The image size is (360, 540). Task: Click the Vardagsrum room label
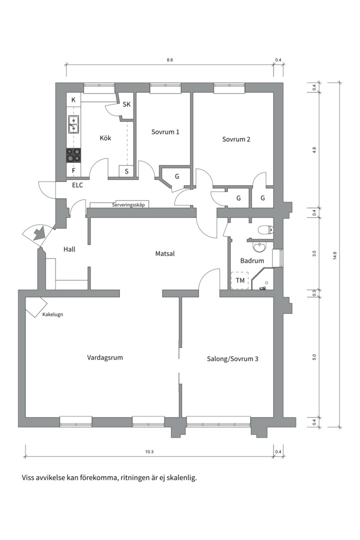(x=104, y=357)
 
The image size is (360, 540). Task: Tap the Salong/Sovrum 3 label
(x=232, y=359)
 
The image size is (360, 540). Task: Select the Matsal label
(x=165, y=254)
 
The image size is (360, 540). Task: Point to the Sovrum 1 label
(x=165, y=132)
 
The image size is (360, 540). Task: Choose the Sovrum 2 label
(x=236, y=139)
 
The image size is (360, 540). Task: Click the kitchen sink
(x=73, y=124)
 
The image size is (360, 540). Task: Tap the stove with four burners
(x=73, y=155)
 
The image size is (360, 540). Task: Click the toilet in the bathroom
(x=265, y=229)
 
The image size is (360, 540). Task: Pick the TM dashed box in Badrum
(x=240, y=280)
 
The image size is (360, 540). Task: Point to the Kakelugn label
(x=52, y=314)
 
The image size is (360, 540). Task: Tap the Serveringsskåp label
(x=128, y=205)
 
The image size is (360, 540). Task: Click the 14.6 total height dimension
(x=334, y=255)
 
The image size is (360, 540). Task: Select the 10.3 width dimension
(x=149, y=452)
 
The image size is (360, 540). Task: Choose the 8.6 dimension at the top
(x=169, y=60)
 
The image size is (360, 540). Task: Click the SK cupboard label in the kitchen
(x=127, y=104)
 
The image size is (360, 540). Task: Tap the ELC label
(x=77, y=185)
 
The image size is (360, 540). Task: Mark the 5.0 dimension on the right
(x=314, y=357)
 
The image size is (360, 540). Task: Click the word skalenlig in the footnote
(x=183, y=478)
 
